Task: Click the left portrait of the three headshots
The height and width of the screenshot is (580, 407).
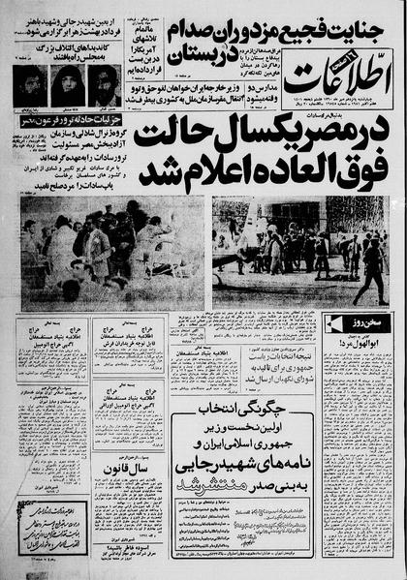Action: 34,85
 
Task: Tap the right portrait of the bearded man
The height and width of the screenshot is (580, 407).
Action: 103,85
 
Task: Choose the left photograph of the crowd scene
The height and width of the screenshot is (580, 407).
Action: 112,254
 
